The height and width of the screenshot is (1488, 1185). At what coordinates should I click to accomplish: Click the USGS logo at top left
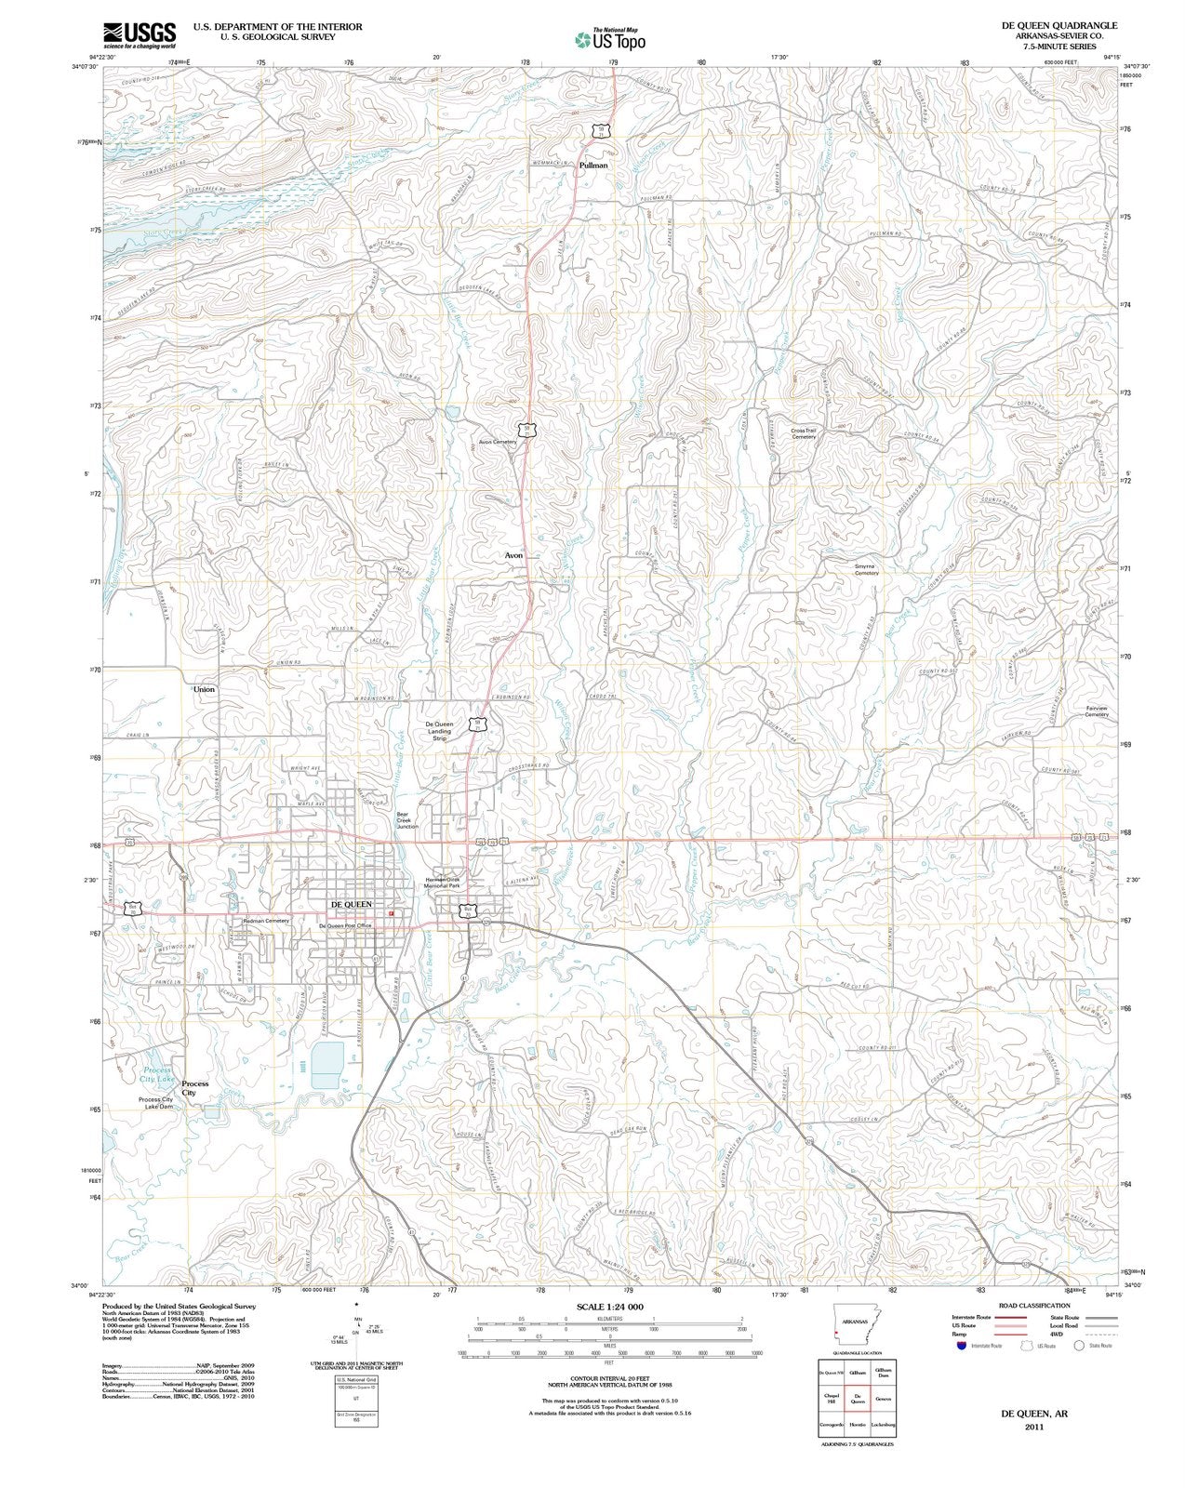140,34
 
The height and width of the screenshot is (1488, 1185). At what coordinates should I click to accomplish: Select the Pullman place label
592,166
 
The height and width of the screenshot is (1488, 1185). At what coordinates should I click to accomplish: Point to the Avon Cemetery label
498,442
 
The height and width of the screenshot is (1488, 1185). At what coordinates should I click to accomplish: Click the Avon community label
513,555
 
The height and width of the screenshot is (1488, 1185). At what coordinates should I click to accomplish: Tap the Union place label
204,689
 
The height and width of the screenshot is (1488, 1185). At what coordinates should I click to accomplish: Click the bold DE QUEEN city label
352,904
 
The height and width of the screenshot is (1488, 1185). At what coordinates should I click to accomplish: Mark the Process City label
194,1088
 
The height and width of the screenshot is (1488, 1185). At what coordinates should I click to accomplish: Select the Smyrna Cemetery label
860,569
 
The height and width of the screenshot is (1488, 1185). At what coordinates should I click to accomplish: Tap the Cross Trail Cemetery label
804,433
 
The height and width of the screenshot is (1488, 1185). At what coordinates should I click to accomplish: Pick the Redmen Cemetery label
267,920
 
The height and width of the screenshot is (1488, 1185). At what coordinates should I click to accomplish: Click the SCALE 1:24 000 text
610,1307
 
